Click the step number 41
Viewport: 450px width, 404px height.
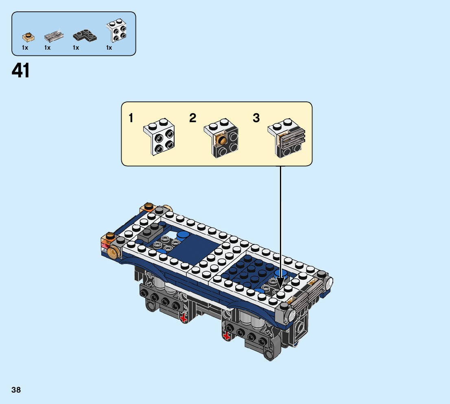[x=21, y=71]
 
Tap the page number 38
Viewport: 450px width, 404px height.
[x=16, y=390]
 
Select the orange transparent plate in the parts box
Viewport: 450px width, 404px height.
[x=28, y=37]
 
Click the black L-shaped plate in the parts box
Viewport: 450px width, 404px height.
[x=85, y=36]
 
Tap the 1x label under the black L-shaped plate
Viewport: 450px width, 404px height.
[x=76, y=48]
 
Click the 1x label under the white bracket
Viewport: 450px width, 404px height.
[x=109, y=48]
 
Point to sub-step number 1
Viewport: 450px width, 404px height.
[x=131, y=119]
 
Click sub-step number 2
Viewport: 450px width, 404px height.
[x=192, y=119]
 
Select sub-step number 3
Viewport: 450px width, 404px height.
[x=256, y=119]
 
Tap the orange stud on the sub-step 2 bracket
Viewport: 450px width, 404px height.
[x=222, y=141]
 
